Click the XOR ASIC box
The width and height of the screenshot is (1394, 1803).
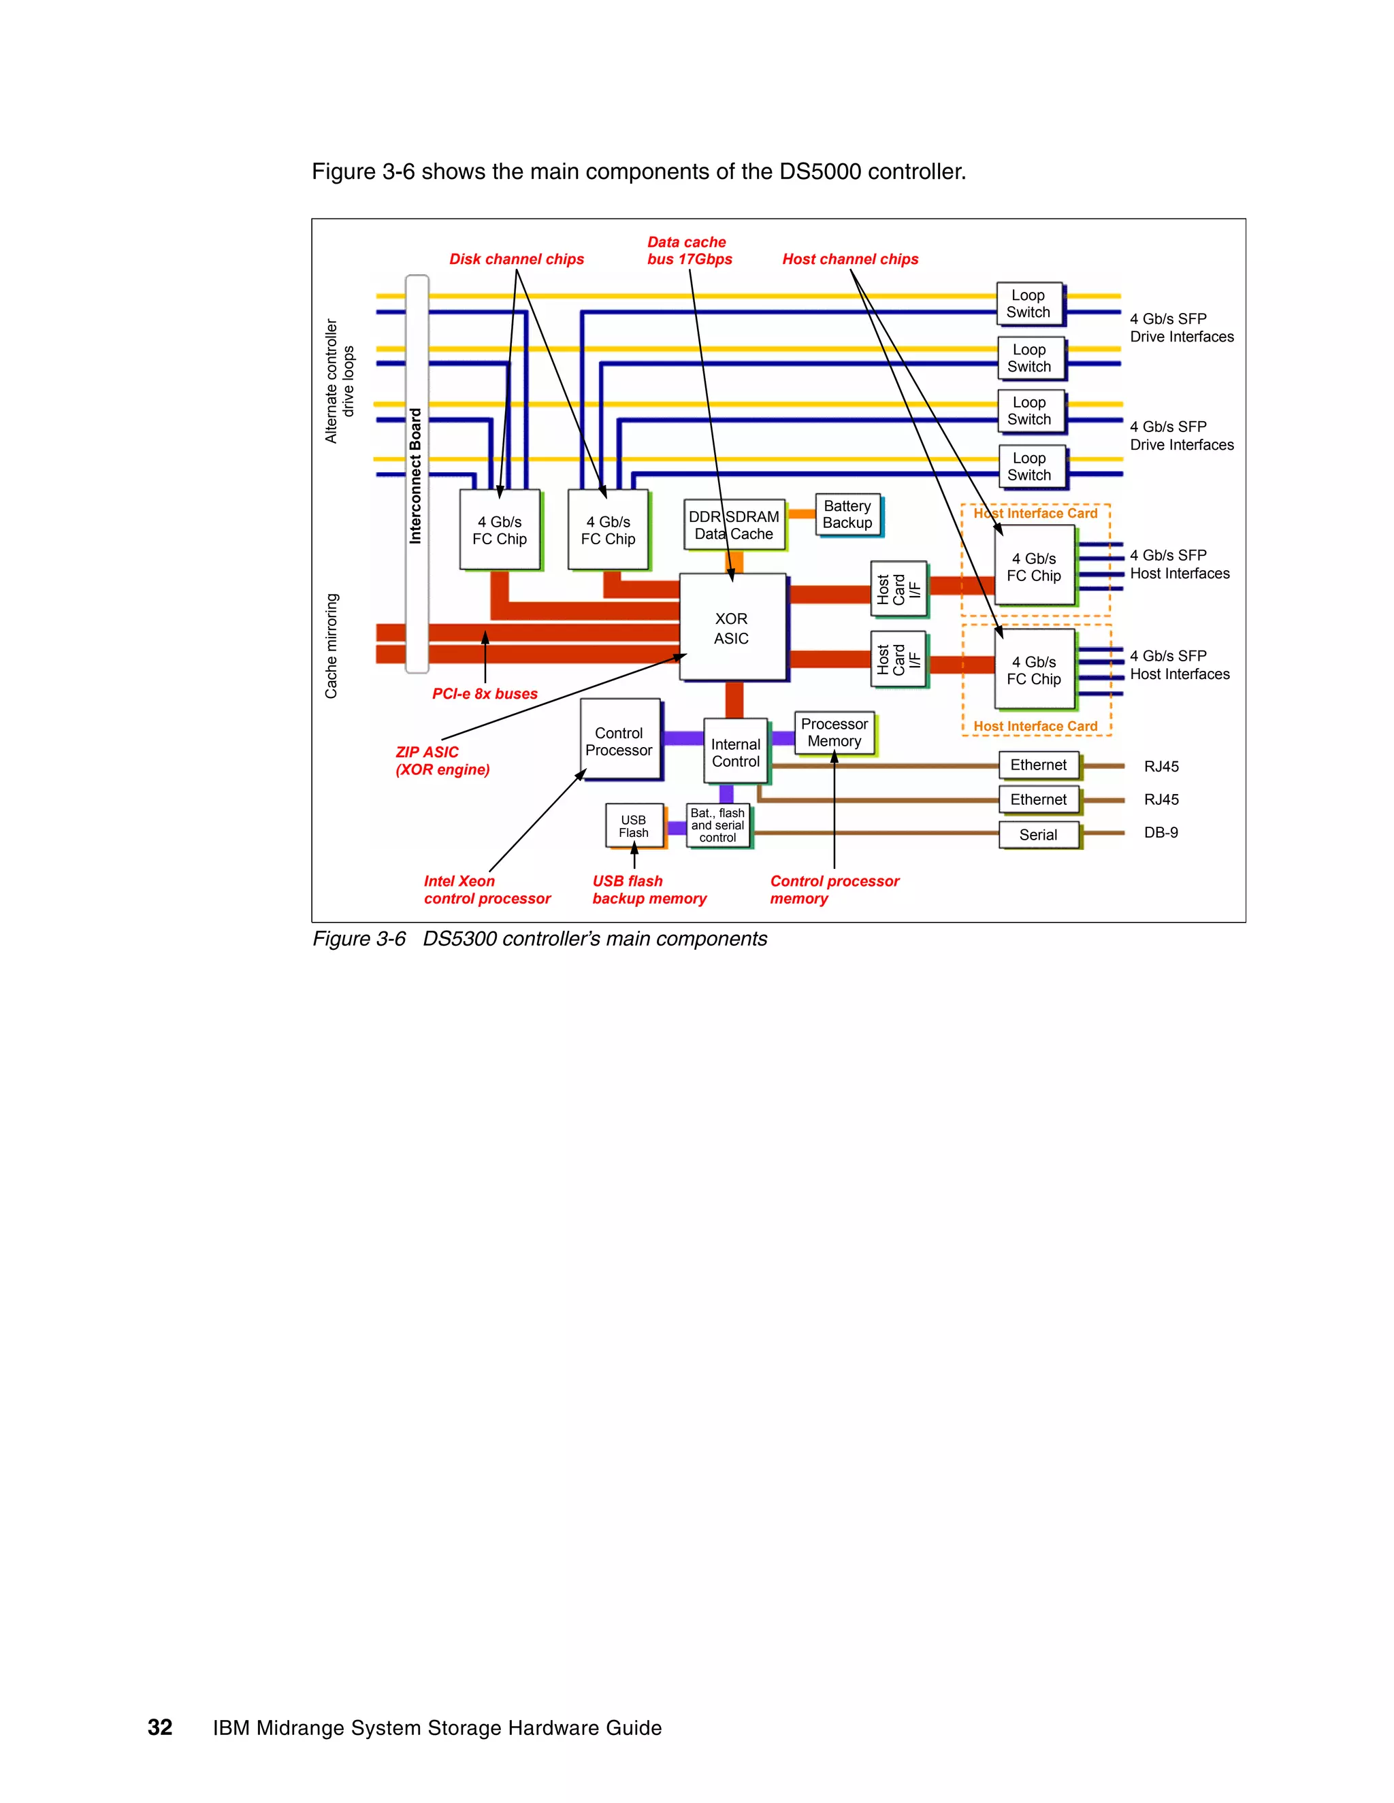pos(732,627)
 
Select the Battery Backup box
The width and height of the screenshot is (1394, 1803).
pos(847,514)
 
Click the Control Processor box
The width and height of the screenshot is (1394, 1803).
pos(619,740)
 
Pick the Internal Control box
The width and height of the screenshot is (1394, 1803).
pos(735,752)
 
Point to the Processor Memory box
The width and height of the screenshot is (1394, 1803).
pos(834,732)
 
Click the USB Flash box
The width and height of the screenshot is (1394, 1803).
pos(634,825)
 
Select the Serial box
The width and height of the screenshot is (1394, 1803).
pos(1038,835)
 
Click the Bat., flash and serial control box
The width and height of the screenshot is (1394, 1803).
pos(717,825)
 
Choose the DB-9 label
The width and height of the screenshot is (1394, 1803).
pos(1161,833)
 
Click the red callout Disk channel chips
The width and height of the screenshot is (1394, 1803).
pos(516,259)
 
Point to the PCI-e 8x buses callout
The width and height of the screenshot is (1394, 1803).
pos(485,693)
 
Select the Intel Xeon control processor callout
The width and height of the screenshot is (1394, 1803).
pos(487,890)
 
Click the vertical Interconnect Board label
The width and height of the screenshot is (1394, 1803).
pos(415,476)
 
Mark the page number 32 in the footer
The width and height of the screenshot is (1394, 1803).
pos(159,1727)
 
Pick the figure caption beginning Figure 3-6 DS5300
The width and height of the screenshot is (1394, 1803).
pos(539,939)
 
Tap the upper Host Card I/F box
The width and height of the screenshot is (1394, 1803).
pos(898,589)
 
